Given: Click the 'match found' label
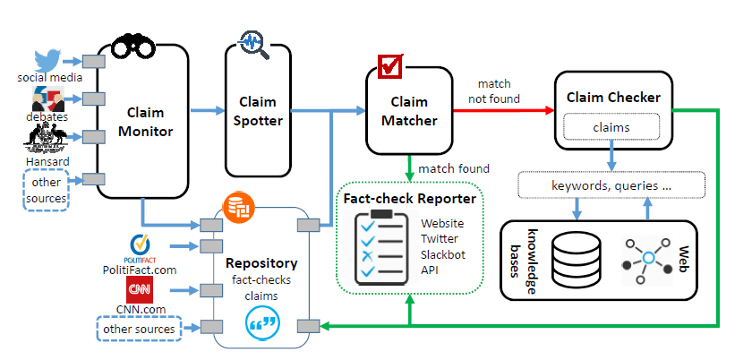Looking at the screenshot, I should [x=454, y=168].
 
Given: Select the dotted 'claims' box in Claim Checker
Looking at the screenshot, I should [x=611, y=127].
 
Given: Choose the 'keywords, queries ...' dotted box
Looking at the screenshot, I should [x=611, y=186].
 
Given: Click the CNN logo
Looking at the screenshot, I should [x=139, y=290].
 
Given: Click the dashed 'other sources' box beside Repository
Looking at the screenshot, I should [x=139, y=329].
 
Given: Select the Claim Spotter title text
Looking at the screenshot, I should [x=261, y=111].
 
